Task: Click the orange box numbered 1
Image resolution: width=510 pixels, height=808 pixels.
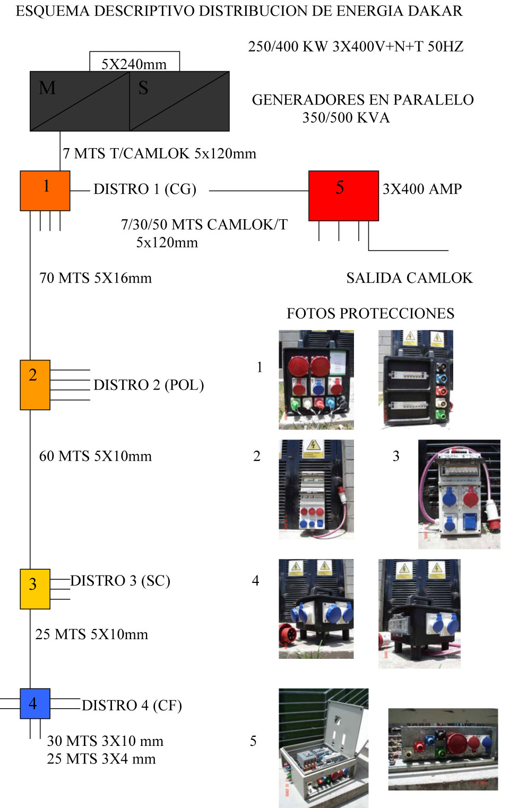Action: [x=45, y=191]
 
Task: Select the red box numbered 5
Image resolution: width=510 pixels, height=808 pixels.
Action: [x=343, y=195]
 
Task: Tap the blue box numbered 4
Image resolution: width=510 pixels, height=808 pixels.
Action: [x=35, y=703]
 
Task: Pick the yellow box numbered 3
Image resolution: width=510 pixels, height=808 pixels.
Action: [x=35, y=589]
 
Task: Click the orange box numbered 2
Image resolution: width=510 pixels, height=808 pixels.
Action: [x=35, y=384]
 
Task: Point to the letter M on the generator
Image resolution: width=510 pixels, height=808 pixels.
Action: [x=47, y=88]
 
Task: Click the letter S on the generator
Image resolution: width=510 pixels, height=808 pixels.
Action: [x=143, y=88]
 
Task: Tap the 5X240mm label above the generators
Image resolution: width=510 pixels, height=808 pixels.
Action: [x=134, y=64]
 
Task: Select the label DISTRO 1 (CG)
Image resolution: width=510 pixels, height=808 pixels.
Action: [x=145, y=189]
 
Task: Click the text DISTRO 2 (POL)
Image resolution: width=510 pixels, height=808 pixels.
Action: [x=149, y=385]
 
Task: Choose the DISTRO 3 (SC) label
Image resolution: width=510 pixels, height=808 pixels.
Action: [x=120, y=581]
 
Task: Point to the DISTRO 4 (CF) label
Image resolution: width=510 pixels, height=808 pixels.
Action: [x=132, y=706]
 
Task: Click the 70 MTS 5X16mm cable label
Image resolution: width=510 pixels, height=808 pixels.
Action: [x=96, y=278]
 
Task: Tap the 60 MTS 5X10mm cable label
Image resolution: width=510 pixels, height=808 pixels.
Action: [x=96, y=456]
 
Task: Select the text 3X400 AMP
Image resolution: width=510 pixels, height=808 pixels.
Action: [x=422, y=189]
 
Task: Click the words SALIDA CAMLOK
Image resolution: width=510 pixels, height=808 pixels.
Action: [x=409, y=278]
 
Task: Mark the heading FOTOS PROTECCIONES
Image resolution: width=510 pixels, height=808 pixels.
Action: [x=370, y=314]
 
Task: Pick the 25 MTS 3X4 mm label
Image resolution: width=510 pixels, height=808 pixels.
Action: [x=101, y=759]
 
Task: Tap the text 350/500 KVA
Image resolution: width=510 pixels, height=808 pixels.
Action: [x=346, y=118]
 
